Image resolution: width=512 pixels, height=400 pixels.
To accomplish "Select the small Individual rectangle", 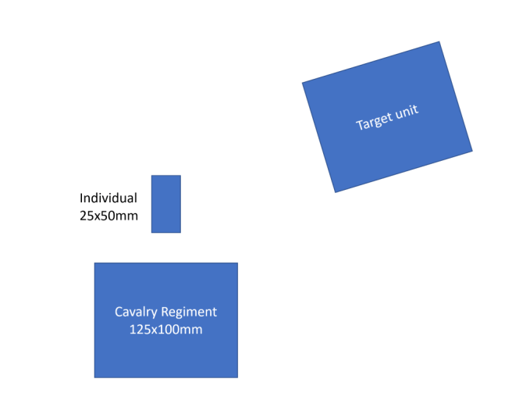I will pyautogui.click(x=165, y=204).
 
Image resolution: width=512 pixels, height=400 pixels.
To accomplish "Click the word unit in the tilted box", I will pyautogui.click(x=406, y=112).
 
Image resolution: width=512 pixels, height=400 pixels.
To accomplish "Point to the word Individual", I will pyautogui.click(x=108, y=198).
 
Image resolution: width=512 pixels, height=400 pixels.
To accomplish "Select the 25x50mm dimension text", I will pyautogui.click(x=108, y=216).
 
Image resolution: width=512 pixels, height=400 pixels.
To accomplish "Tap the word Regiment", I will pyautogui.click(x=190, y=312).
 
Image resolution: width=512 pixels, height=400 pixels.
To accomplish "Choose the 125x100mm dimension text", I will pyautogui.click(x=165, y=330).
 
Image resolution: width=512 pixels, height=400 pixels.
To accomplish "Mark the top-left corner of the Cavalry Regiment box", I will pyautogui.click(x=95, y=263).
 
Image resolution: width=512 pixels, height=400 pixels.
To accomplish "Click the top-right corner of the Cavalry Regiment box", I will pyautogui.click(x=237, y=263).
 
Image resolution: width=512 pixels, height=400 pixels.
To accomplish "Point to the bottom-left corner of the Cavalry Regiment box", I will pyautogui.click(x=95, y=377).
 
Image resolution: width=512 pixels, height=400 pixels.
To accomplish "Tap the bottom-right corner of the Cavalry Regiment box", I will pyautogui.click(x=237, y=377).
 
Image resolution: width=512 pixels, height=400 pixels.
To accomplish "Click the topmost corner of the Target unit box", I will pyautogui.click(x=439, y=42).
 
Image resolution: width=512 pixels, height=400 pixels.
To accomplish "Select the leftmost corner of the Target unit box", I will pyautogui.click(x=303, y=83).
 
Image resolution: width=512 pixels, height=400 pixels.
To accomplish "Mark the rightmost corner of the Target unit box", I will pyautogui.click(x=472, y=151).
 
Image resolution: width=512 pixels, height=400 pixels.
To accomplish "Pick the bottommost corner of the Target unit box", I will pyautogui.click(x=336, y=192).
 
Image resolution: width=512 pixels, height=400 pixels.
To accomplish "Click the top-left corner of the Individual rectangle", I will pyautogui.click(x=151, y=176).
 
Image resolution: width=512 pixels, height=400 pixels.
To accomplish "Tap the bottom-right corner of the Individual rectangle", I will pyautogui.click(x=180, y=232).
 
